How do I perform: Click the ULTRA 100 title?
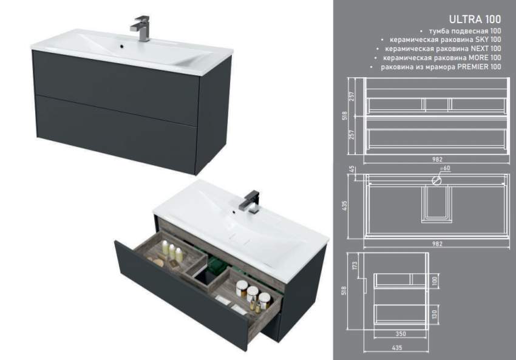(x=475, y=19)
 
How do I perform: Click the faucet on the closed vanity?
(x=140, y=28)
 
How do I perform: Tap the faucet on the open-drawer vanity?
(x=251, y=202)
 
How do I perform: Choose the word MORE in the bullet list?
(x=478, y=58)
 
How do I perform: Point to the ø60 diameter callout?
(x=445, y=168)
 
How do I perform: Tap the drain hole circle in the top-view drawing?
(x=436, y=180)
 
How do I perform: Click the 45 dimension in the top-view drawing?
(x=352, y=169)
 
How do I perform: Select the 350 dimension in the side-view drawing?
(x=401, y=334)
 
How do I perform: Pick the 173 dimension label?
(x=355, y=265)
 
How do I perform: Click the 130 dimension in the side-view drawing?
(x=435, y=314)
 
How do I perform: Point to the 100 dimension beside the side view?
(x=435, y=280)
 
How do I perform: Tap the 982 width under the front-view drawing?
(x=437, y=159)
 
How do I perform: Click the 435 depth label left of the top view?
(x=345, y=206)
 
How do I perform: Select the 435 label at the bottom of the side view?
(x=397, y=347)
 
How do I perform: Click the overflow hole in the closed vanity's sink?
(x=122, y=47)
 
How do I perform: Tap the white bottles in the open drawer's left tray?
(x=171, y=250)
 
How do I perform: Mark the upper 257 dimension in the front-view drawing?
(x=352, y=96)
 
